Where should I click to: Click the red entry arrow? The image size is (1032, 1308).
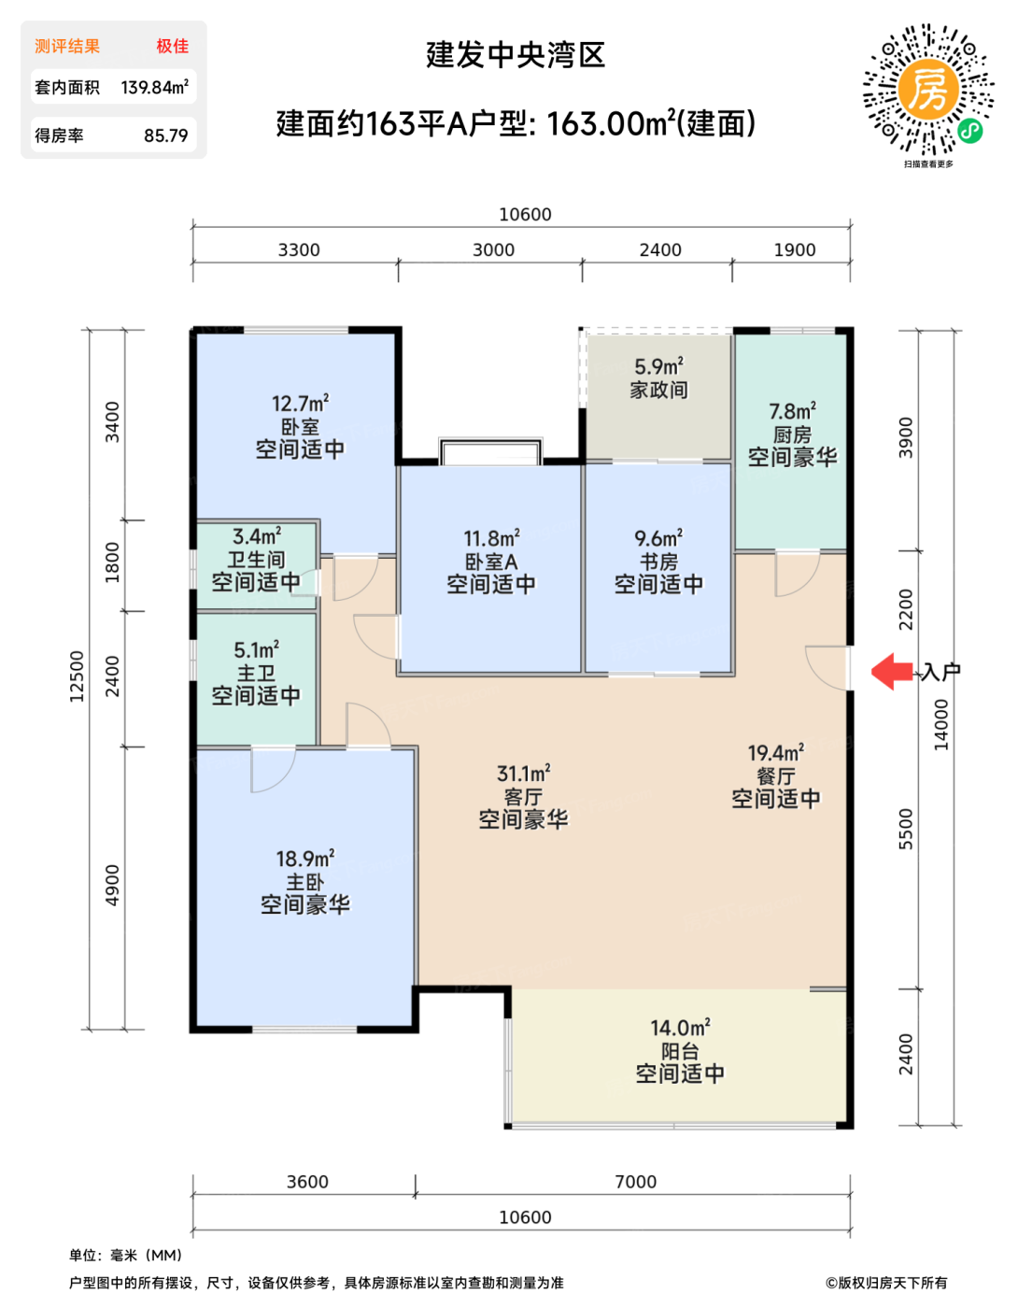892,672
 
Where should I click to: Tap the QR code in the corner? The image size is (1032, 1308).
928,90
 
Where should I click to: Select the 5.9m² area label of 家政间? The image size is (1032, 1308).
658,366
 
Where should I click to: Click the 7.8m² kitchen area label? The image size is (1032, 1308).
793,411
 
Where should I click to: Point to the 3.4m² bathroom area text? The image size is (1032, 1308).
257,536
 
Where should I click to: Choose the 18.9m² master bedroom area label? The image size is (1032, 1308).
305,859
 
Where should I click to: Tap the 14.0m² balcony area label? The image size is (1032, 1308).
680,1028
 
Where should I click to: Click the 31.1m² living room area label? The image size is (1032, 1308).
523,774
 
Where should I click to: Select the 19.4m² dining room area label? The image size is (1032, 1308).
775,753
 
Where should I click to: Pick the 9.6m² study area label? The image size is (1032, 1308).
658,538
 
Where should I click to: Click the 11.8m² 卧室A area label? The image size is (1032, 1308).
491,538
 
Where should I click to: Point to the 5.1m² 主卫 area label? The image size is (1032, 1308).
257,650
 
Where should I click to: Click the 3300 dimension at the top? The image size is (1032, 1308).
299,249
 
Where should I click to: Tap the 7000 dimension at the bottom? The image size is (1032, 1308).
636,1182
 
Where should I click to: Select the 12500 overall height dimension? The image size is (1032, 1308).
77,676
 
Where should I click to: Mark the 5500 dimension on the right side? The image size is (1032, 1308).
906,829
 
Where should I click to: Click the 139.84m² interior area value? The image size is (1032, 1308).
154,88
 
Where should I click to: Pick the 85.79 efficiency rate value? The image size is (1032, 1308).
166,135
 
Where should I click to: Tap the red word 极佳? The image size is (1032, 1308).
173,46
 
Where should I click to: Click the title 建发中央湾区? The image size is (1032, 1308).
516,55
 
